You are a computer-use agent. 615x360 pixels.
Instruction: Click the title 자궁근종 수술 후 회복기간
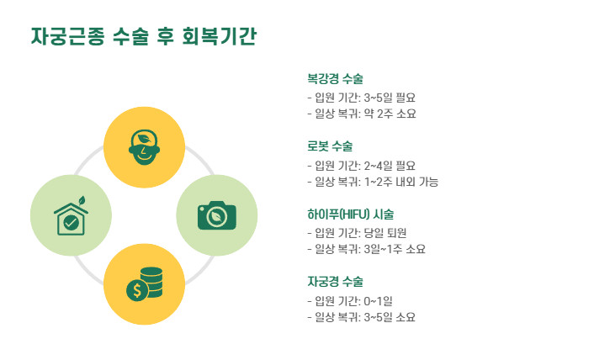click(x=143, y=39)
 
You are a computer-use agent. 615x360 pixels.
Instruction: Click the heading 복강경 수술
click(x=335, y=79)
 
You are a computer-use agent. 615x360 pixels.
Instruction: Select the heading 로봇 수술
click(x=330, y=146)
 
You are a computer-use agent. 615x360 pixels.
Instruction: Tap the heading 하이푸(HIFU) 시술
click(x=350, y=214)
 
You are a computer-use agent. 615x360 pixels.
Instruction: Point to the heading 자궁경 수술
click(x=335, y=281)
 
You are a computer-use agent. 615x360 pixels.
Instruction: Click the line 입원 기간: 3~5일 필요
click(x=361, y=98)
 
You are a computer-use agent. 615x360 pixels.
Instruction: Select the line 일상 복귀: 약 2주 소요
click(x=361, y=114)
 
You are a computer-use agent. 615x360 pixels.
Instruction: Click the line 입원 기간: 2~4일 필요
click(x=361, y=165)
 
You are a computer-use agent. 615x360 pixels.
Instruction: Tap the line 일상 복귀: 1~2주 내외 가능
click(x=372, y=182)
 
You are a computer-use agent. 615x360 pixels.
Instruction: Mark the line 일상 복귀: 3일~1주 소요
click(x=366, y=249)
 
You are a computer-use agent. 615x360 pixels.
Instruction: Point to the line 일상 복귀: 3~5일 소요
click(x=361, y=317)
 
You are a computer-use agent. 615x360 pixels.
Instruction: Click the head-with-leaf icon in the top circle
click(x=144, y=147)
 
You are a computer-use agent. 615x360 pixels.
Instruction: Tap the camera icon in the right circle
click(x=216, y=215)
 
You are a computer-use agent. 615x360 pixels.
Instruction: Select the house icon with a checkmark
click(x=71, y=218)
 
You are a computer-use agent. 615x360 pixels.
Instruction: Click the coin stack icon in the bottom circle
click(x=144, y=284)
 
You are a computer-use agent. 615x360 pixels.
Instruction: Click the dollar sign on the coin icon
click(x=135, y=291)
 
